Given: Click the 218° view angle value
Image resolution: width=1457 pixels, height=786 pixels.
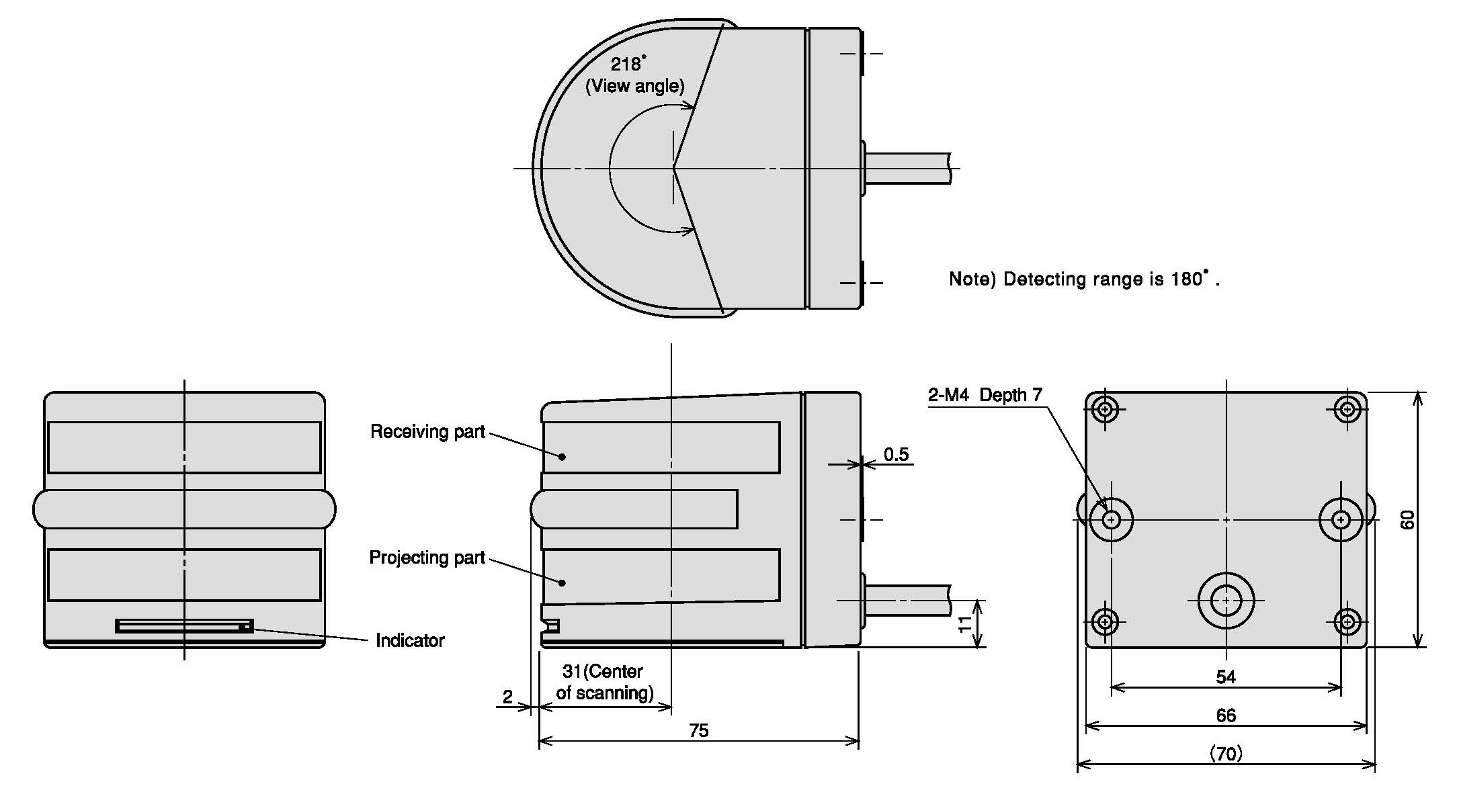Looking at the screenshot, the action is coord(628,64).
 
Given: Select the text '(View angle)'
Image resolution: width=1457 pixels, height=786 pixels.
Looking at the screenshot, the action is coord(635,86).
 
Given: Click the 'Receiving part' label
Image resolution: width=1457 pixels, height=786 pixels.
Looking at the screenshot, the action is coord(427,431).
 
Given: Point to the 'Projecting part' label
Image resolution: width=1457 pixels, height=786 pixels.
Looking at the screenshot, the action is coord(427,558).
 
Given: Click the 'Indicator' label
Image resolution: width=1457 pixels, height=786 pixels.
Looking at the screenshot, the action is coord(410,640).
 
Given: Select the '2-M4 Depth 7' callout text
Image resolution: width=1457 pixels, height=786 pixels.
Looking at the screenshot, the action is coord(985,395).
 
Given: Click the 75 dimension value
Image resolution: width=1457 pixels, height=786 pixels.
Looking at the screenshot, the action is coord(699,730).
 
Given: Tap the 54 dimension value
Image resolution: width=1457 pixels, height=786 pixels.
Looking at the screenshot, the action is coord(1226,676).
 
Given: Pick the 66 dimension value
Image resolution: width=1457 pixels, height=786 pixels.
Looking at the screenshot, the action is coord(1226,715).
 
